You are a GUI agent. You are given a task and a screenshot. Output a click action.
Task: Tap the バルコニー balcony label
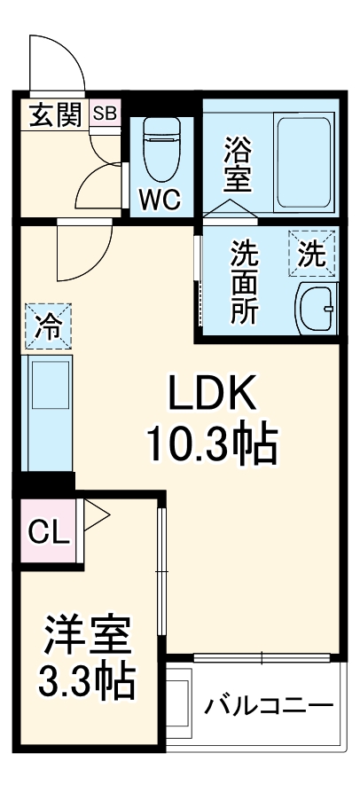click(x=270, y=707)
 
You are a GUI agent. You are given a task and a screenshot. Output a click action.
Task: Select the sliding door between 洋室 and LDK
click(x=162, y=572)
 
